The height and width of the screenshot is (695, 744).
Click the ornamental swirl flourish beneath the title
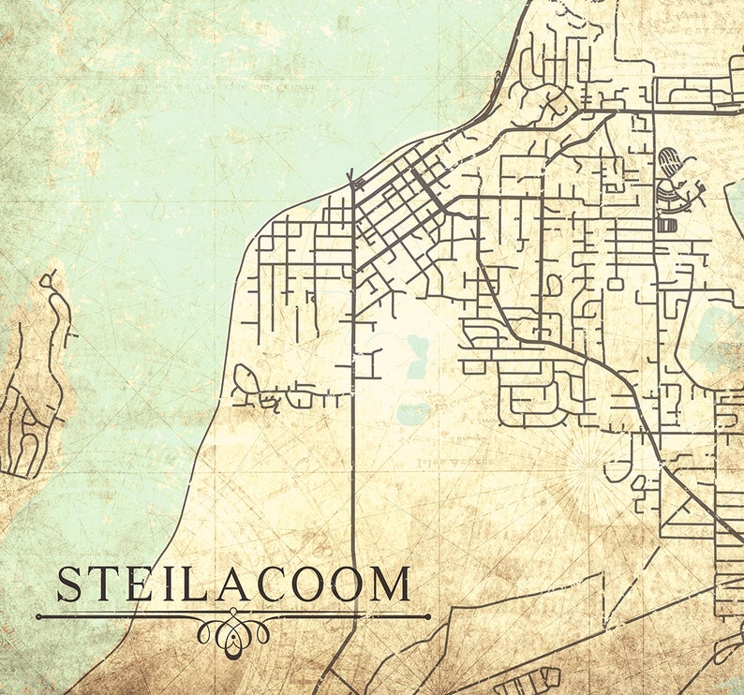coord(231,630)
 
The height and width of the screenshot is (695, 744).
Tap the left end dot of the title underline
coord(39,616)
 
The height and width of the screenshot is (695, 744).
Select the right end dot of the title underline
coord(427,616)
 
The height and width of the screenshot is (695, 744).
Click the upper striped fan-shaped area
coord(669,161)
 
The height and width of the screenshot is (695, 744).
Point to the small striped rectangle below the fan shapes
coord(667,225)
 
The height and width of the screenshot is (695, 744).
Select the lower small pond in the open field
coord(413,412)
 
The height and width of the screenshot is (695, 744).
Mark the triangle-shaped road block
coord(688,513)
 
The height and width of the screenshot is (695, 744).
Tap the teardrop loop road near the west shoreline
coord(246,380)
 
